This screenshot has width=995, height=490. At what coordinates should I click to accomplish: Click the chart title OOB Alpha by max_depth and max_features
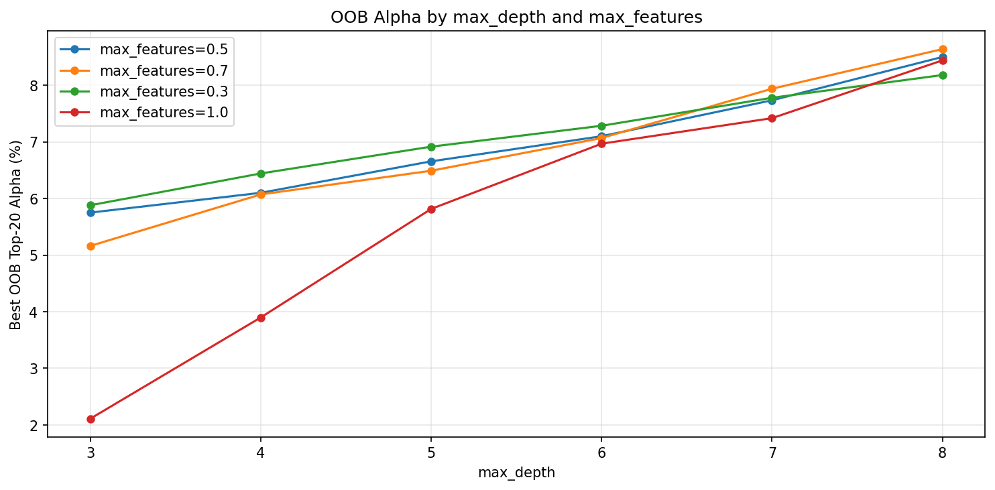(516, 18)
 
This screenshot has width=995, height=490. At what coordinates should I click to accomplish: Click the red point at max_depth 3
(91, 419)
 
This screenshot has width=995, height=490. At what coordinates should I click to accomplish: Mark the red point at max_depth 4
(261, 318)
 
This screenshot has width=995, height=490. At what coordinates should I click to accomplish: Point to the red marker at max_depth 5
(431, 209)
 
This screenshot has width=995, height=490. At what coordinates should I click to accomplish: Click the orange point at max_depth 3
(91, 246)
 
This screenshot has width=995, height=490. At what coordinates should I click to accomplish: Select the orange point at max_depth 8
(943, 49)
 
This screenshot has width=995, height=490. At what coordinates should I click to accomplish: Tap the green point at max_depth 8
(943, 75)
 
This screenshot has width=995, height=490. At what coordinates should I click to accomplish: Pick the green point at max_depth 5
(431, 147)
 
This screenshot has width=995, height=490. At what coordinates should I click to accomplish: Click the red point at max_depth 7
(772, 118)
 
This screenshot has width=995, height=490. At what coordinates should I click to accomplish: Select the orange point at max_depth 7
(772, 88)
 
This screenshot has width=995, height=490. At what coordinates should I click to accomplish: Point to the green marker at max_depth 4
(261, 174)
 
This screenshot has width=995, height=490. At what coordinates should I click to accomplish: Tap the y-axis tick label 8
(34, 86)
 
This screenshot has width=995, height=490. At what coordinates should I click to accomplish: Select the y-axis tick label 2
(34, 426)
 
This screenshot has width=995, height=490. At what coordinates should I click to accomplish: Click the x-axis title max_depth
(516, 473)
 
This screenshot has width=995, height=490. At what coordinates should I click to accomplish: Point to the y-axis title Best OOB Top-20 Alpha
(15, 235)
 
